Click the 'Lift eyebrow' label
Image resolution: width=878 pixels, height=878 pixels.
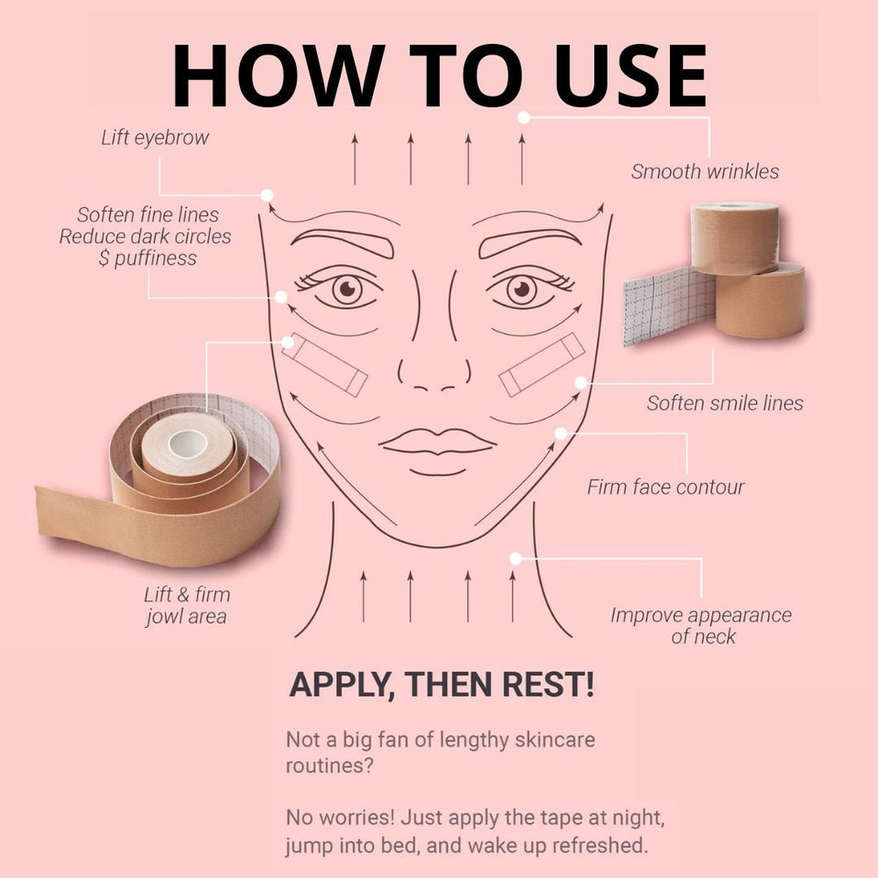click(x=155, y=138)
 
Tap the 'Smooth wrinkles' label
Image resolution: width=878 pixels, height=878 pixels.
click(x=705, y=171)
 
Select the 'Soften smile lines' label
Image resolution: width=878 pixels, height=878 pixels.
click(x=724, y=403)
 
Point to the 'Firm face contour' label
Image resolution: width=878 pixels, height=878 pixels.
click(x=666, y=487)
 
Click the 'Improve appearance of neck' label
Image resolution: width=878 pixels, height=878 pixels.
click(x=702, y=625)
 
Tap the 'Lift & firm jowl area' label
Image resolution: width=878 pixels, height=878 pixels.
click(x=186, y=605)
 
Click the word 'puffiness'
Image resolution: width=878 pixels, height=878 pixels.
click(x=155, y=259)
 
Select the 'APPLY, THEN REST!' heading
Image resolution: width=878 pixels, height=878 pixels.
click(x=442, y=684)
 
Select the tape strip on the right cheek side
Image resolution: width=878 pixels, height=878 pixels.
click(x=542, y=364)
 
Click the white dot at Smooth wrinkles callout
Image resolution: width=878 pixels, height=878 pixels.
click(x=523, y=117)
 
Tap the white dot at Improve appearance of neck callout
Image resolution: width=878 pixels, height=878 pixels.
click(x=515, y=558)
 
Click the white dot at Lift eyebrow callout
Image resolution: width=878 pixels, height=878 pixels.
click(x=268, y=195)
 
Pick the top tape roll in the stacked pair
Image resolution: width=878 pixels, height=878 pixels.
click(x=734, y=237)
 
